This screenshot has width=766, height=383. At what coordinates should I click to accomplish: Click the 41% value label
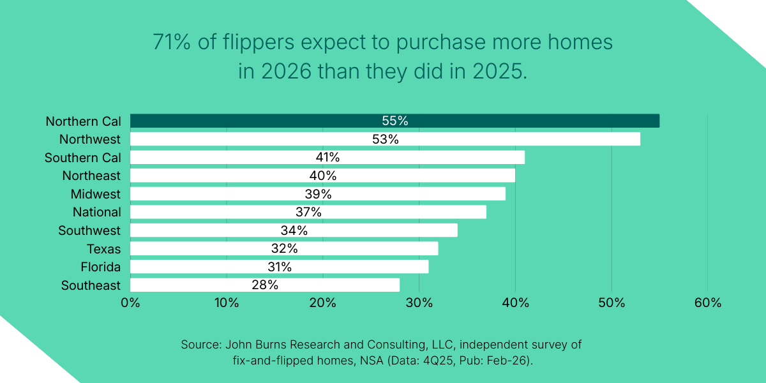click(x=327, y=157)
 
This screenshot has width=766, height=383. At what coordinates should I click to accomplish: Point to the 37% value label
click(x=308, y=212)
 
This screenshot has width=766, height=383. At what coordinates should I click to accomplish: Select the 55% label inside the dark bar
click(x=394, y=121)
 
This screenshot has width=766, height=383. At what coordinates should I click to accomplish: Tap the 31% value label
click(x=279, y=267)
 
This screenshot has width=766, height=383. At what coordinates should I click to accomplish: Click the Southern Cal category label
click(x=82, y=157)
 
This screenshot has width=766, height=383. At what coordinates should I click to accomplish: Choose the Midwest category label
click(x=95, y=193)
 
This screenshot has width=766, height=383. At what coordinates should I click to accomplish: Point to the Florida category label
click(x=100, y=267)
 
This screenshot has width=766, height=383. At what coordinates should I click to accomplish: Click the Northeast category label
click(x=91, y=176)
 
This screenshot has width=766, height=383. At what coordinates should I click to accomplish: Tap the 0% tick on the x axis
click(x=130, y=303)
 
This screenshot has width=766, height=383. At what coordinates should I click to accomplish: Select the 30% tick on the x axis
click(x=419, y=303)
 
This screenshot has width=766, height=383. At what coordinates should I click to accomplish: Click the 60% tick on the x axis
click(x=707, y=303)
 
